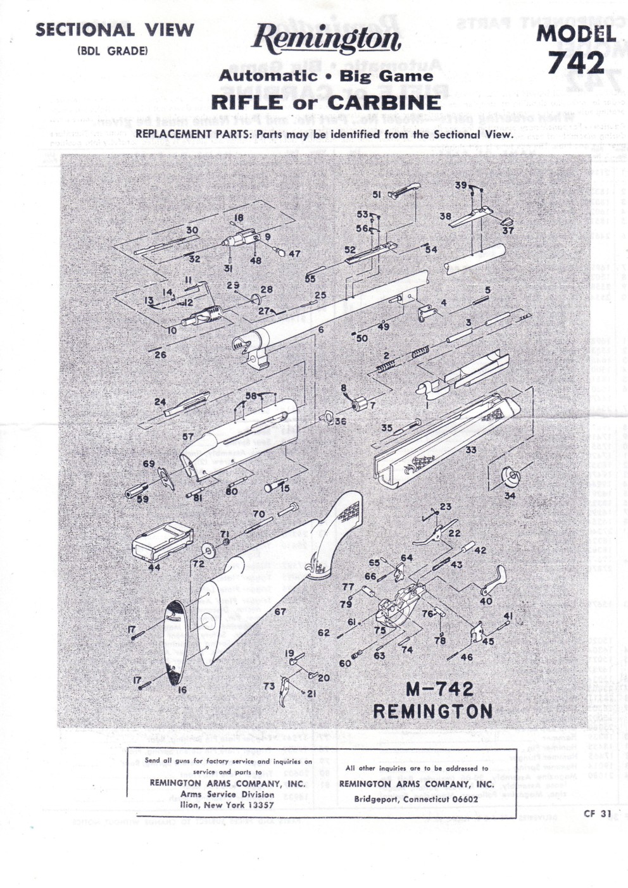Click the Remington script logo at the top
click(325, 40)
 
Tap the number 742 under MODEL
click(576, 63)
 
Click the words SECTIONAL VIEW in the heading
click(115, 30)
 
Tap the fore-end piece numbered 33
click(443, 437)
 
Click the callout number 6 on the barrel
click(321, 330)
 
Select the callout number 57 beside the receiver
click(188, 437)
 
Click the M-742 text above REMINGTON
click(440, 689)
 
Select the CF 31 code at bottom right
click(597, 813)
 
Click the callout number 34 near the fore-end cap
click(510, 496)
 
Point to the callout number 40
click(486, 601)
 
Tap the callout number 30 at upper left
click(192, 230)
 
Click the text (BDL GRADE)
click(112, 51)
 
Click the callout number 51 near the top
click(377, 195)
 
